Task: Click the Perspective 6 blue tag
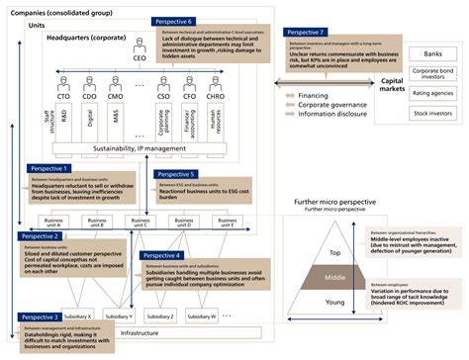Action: tap(172, 21)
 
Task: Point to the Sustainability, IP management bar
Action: tap(138, 148)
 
